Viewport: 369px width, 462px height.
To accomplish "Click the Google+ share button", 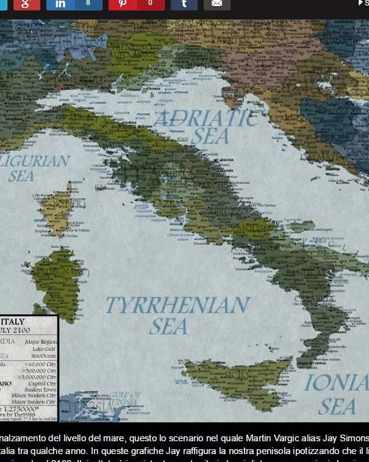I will click(26, 4).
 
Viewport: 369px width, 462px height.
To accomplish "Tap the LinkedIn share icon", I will click(60, 4).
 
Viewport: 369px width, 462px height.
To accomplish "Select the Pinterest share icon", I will click(123, 4).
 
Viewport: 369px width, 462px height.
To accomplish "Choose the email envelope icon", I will click(217, 4).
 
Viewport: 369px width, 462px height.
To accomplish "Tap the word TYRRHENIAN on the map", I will click(177, 305).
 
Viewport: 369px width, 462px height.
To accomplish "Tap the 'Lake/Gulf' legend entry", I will click(43, 349).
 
